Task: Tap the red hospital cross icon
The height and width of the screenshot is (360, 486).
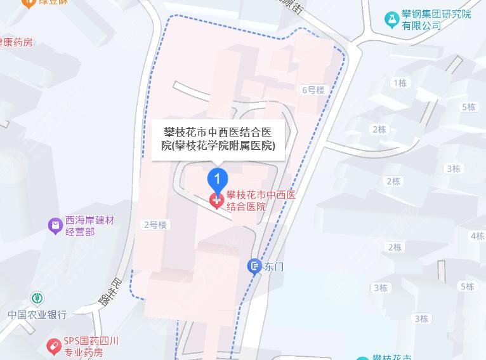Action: pyautogui.click(x=217, y=201)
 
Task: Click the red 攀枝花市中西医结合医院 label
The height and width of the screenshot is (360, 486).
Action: pyautogui.click(x=261, y=201)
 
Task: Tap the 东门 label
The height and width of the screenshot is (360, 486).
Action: pyautogui.click(x=275, y=266)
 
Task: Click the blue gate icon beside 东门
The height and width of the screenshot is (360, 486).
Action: pyautogui.click(x=254, y=266)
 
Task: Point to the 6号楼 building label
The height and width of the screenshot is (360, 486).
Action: pyautogui.click(x=312, y=90)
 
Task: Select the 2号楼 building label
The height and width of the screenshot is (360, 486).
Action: pyautogui.click(x=155, y=224)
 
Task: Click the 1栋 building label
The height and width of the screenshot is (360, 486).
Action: pyautogui.click(x=400, y=83)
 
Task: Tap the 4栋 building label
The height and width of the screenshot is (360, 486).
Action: pyautogui.click(x=477, y=236)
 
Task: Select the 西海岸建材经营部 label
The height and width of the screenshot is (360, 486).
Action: pyautogui.click(x=89, y=226)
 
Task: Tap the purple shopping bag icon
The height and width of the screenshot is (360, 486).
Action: pyautogui.click(x=56, y=225)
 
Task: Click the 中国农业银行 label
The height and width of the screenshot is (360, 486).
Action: pyautogui.click(x=37, y=314)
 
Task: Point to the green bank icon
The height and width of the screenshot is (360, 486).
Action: pyautogui.click(x=39, y=297)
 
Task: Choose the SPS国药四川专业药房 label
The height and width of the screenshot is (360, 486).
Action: pyautogui.click(x=92, y=347)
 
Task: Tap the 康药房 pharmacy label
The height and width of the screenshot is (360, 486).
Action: pyautogui.click(x=16, y=43)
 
